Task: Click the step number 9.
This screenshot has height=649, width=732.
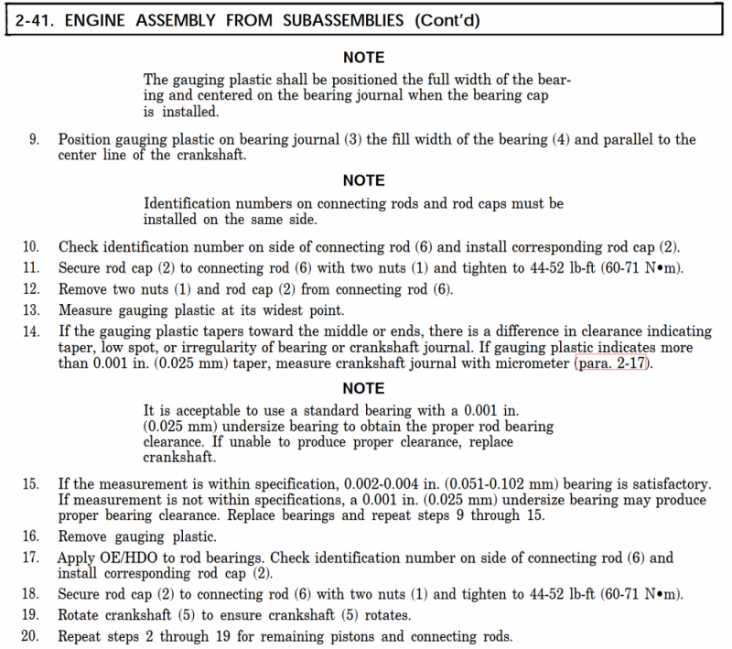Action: click(35, 140)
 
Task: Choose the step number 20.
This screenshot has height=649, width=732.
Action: click(31, 637)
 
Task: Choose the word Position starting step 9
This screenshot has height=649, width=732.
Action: click(89, 140)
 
